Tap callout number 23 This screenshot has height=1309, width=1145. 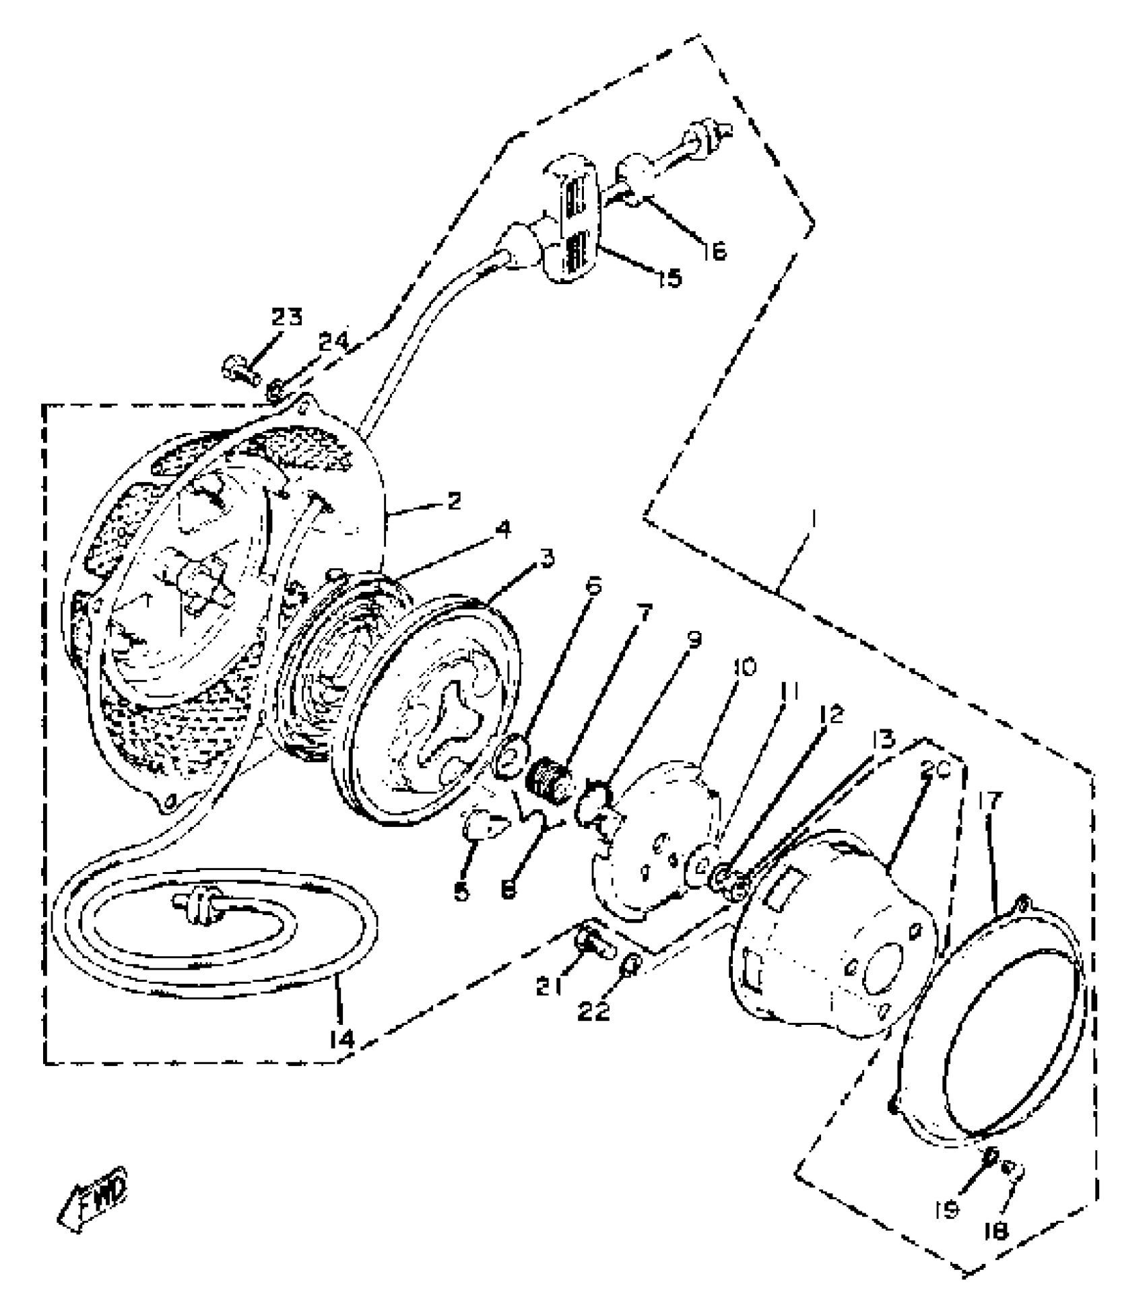pyautogui.click(x=288, y=316)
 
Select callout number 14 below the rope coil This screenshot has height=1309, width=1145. pyautogui.click(x=342, y=1039)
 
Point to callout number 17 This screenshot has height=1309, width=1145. pyautogui.click(x=991, y=801)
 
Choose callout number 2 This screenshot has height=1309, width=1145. pyautogui.click(x=453, y=500)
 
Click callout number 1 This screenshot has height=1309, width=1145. pyautogui.click(x=814, y=520)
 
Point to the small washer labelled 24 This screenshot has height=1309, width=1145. pyautogui.click(x=275, y=389)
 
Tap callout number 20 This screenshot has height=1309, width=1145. pyautogui.click(x=936, y=773)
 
